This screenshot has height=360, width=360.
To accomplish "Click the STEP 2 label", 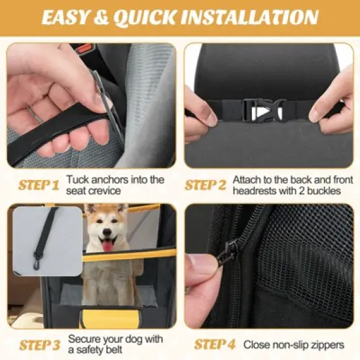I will click(206, 185).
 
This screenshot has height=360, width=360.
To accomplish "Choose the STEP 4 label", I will click(215, 344).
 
